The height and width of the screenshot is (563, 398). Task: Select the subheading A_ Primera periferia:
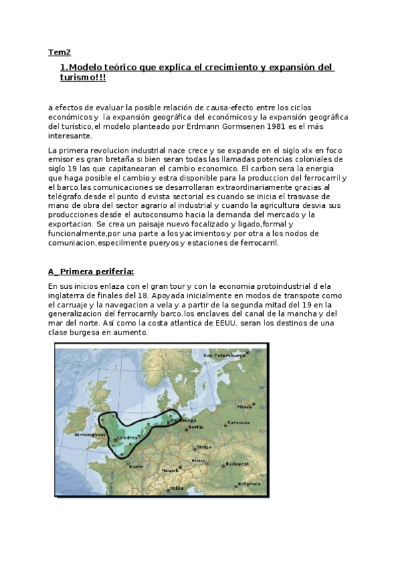coord(91,272)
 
